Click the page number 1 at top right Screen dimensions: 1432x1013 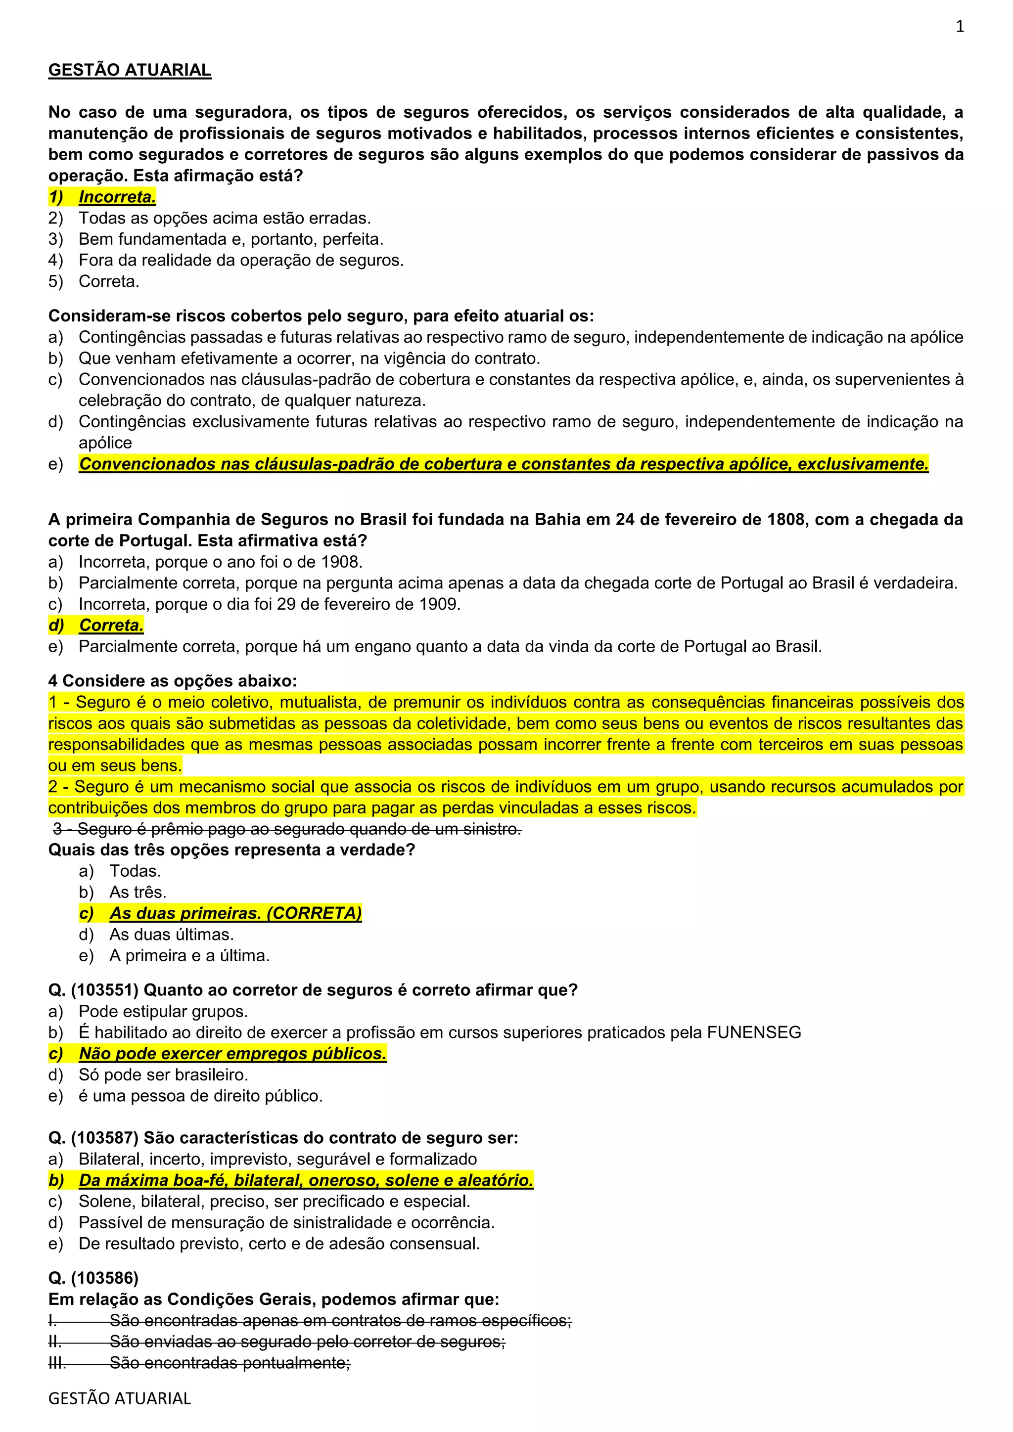tap(960, 26)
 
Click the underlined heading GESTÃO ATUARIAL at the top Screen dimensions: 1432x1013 tap(130, 70)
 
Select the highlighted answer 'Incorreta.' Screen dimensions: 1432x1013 tap(117, 197)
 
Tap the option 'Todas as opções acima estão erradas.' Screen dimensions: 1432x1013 tap(225, 218)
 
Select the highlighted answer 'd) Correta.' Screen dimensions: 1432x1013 tap(111, 625)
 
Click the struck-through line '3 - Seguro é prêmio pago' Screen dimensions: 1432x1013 tap(287, 829)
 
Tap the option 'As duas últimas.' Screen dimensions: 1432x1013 tap(172, 934)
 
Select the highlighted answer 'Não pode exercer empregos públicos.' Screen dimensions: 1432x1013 tap(232, 1053)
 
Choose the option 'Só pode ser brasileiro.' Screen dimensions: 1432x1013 tap(163, 1074)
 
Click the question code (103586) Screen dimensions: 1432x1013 tap(105, 1278)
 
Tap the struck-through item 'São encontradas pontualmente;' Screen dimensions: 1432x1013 tap(230, 1363)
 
